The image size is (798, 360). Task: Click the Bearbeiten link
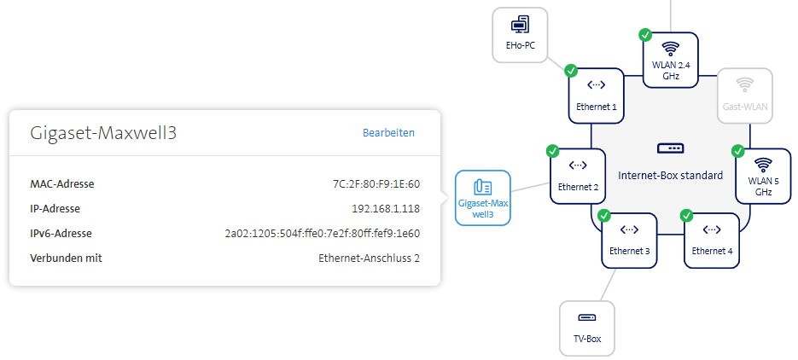[x=388, y=132]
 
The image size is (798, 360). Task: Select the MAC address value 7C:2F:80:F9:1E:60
[x=376, y=183]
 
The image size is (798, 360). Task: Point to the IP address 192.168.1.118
[x=386, y=208]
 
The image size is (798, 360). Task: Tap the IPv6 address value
[x=322, y=233]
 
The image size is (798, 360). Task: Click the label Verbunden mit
[x=65, y=258]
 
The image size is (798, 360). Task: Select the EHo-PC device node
[x=520, y=35]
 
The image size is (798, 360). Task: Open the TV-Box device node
[x=587, y=328]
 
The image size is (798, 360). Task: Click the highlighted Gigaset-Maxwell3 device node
[x=482, y=198]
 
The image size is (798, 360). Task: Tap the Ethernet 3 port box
[x=630, y=240]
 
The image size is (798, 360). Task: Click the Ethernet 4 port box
[x=713, y=240]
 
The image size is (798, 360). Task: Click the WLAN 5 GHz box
[x=763, y=175]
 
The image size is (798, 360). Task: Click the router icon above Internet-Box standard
[x=670, y=148]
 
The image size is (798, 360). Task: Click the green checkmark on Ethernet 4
[x=687, y=216]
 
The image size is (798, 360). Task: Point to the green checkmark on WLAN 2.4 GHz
[x=645, y=35]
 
